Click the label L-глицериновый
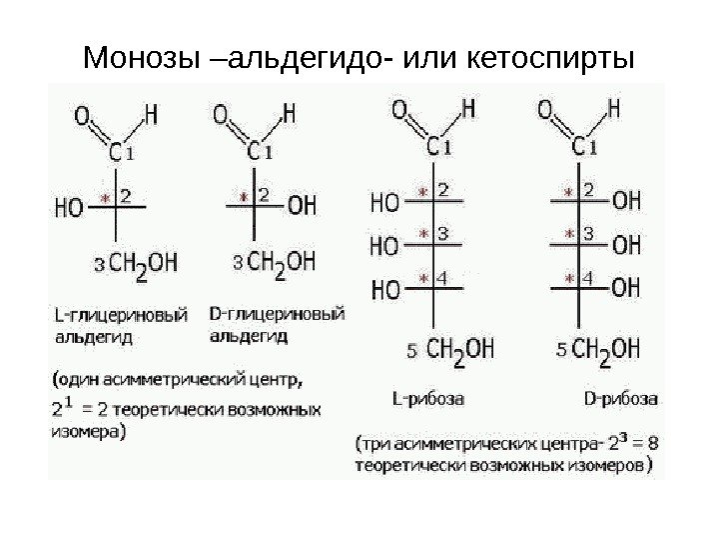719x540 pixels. point(119,315)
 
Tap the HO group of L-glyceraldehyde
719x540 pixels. point(69,208)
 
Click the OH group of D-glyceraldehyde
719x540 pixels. point(302,206)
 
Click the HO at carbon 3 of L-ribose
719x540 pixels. point(384,244)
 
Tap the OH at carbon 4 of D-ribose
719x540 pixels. point(626,288)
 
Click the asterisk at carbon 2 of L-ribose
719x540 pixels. point(422,191)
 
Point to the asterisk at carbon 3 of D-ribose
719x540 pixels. point(569,236)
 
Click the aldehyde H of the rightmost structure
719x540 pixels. point(614,106)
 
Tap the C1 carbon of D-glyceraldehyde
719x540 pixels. point(262,152)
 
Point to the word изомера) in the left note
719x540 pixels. point(88,433)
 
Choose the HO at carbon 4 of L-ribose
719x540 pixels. point(384,289)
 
